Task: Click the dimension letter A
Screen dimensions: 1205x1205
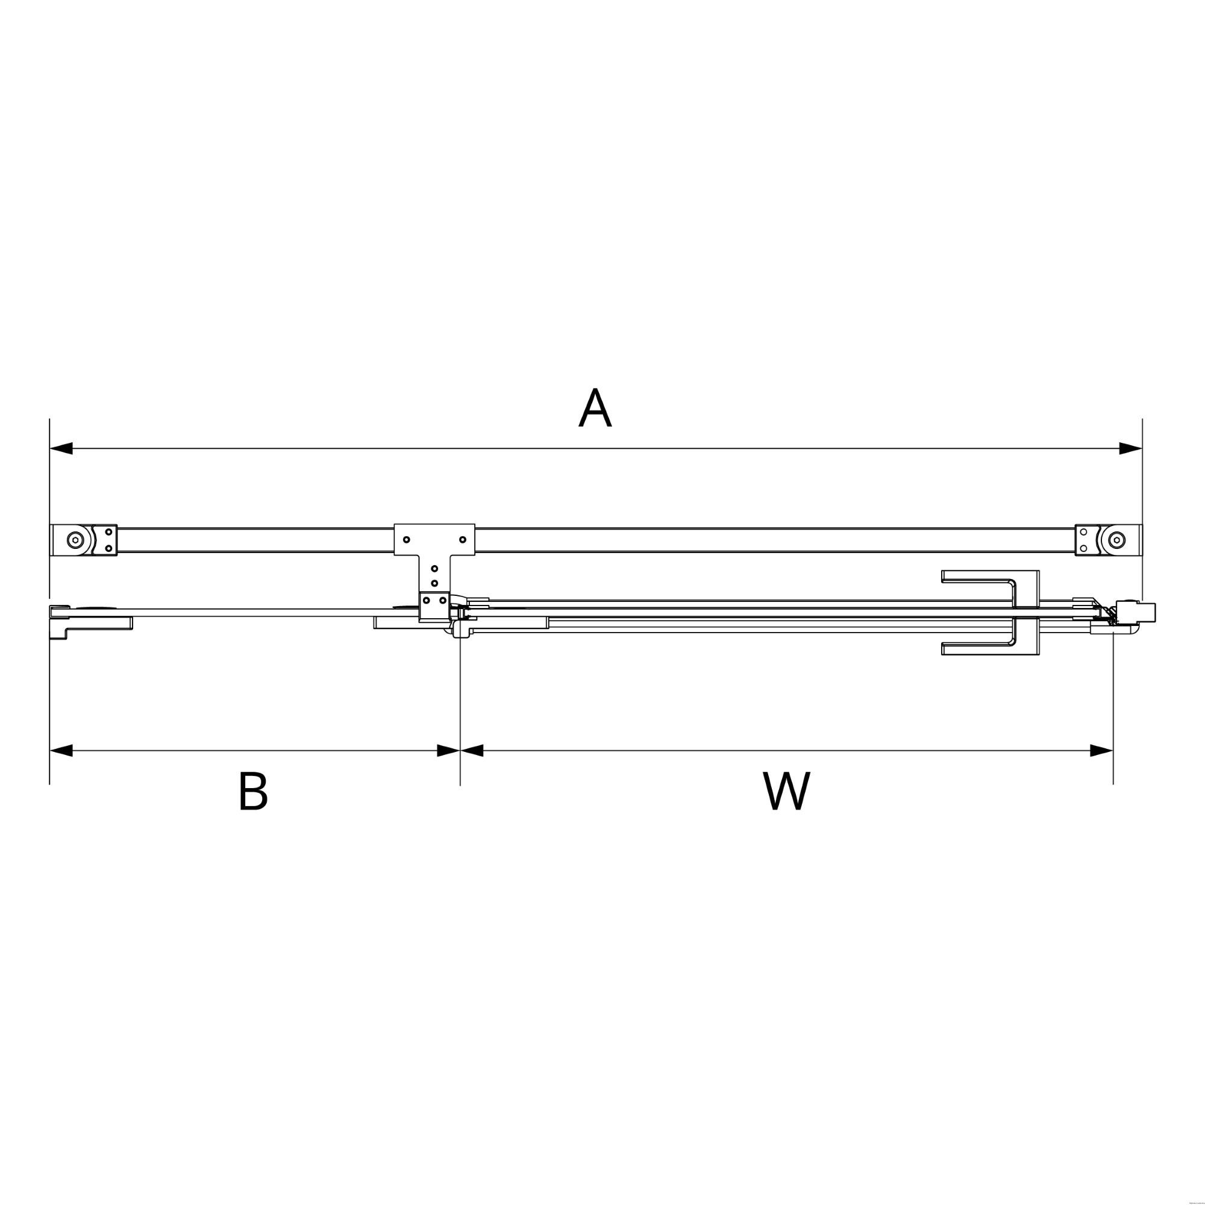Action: [595, 408]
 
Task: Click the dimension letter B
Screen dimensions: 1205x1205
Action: [253, 792]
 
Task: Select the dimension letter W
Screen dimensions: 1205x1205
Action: [786, 792]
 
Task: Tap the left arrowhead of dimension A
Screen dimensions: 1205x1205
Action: [61, 448]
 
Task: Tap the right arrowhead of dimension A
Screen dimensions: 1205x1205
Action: [1131, 448]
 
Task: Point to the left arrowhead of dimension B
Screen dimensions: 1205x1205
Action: [61, 750]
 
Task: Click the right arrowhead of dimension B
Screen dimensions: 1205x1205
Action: [448, 750]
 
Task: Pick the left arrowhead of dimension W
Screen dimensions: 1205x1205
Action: [472, 750]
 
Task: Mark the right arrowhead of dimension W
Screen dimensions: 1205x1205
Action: [1101, 750]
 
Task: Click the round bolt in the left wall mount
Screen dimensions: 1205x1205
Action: [75, 540]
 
